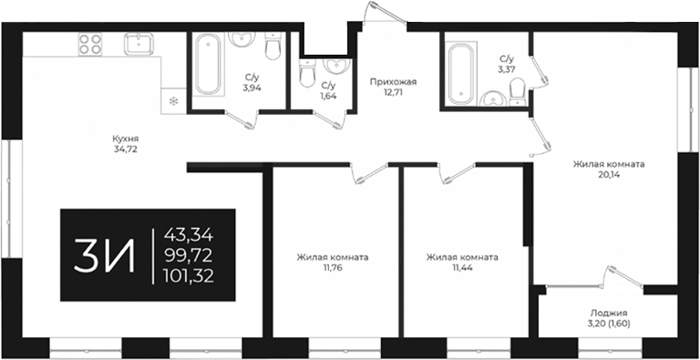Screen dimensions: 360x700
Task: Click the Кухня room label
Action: (126, 138)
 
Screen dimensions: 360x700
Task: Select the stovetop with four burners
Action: (89, 45)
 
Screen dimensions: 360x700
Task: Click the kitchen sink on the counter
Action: (138, 44)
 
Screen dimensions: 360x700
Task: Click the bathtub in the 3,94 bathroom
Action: (205, 65)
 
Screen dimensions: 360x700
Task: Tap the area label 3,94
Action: (252, 88)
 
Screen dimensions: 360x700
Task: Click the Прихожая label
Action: (386, 81)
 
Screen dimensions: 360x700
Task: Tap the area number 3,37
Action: (507, 67)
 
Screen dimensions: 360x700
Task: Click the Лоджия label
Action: (609, 314)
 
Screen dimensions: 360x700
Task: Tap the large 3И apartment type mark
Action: (105, 255)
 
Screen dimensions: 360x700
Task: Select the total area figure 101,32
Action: (190, 276)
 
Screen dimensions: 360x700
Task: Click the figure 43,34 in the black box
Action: (190, 234)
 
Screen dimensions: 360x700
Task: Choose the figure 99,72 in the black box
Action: (190, 255)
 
